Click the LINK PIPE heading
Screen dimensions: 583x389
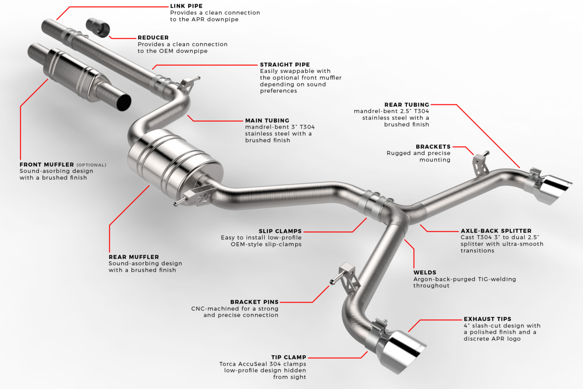point(186,6)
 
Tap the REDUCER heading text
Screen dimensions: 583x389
point(153,37)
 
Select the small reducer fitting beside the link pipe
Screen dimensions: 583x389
point(98,27)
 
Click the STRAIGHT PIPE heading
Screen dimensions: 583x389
point(285,65)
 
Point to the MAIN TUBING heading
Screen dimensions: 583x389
point(267,121)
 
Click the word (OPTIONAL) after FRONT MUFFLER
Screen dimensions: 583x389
point(91,165)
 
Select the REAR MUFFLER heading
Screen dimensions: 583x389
point(134,257)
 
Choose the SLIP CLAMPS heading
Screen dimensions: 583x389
point(280,231)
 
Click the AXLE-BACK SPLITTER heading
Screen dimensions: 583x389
point(496,231)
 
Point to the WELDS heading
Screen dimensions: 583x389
point(425,272)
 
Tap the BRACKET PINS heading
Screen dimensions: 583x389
point(254,302)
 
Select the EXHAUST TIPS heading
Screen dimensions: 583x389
point(487,319)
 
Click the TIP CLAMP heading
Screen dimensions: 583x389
point(289,357)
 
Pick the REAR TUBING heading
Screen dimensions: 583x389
point(407,105)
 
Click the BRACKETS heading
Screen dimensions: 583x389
point(433,147)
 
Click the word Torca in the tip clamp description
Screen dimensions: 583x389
point(228,364)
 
